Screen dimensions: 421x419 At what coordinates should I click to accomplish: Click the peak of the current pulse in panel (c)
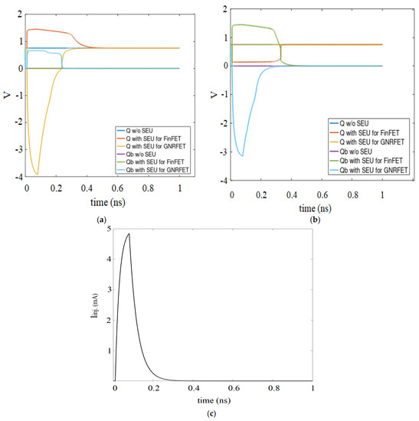[x=129, y=233]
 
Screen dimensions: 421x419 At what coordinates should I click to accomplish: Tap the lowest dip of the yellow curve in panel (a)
[x=37, y=174]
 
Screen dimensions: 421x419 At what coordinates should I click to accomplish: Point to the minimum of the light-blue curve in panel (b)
[x=243, y=155]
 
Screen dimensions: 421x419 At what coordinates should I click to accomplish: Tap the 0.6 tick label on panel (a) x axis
[x=118, y=188]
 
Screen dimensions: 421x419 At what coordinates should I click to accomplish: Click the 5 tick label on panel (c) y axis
[x=110, y=229]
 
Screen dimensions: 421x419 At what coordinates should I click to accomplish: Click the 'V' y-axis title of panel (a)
[x=7, y=97]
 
